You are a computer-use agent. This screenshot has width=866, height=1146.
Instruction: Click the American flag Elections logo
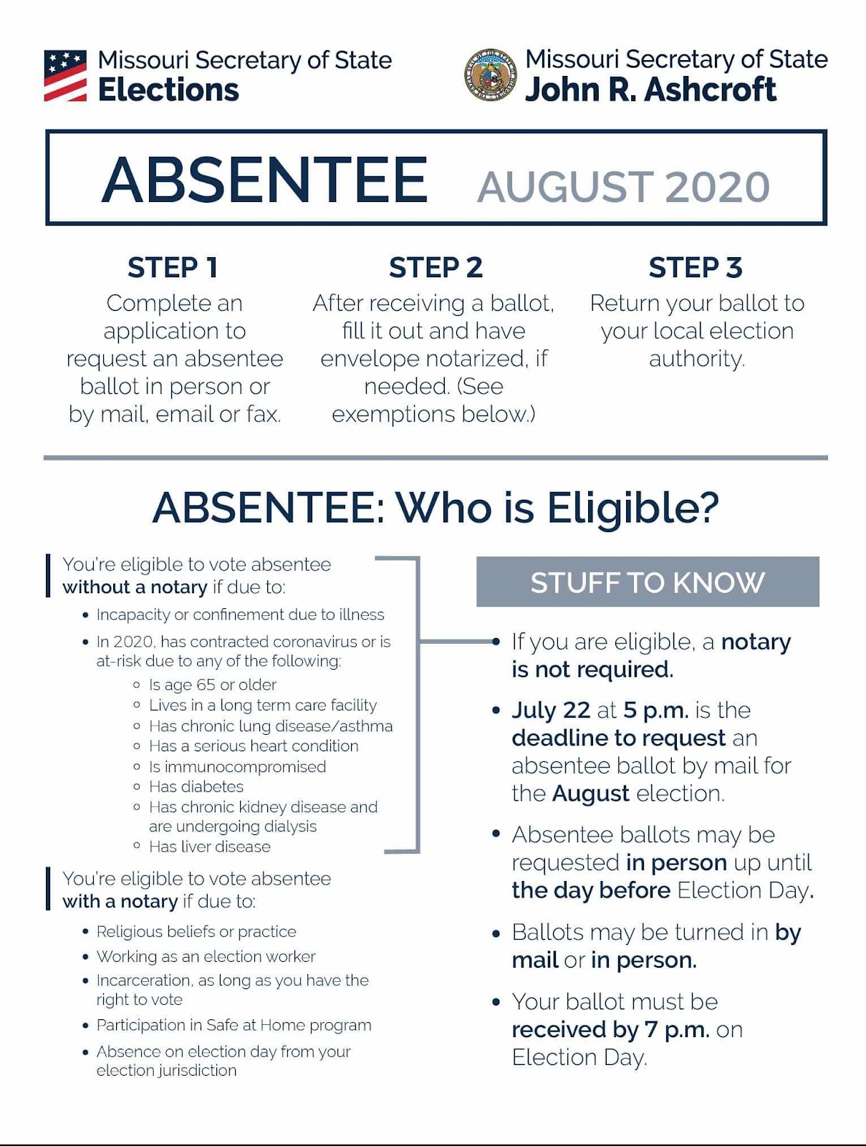(65, 75)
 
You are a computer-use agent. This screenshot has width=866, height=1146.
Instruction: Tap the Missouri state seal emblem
(491, 74)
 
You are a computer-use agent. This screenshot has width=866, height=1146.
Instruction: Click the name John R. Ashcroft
(650, 90)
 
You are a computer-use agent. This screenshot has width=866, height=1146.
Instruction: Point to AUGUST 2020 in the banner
(623, 187)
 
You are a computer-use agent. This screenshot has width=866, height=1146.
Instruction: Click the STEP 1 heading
(173, 267)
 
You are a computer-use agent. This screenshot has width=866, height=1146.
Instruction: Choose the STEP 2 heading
(436, 267)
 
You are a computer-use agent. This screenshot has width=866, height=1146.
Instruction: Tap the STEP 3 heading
(696, 267)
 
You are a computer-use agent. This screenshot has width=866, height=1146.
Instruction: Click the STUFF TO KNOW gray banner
(648, 582)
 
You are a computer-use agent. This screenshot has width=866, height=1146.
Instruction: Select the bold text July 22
(551, 710)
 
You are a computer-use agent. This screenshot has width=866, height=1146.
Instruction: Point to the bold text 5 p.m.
(655, 710)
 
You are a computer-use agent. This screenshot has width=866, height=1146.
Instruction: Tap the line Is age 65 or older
(212, 685)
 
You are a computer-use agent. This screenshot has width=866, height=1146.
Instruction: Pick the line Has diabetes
(196, 786)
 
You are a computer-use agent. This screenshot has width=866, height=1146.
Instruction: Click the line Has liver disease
(209, 847)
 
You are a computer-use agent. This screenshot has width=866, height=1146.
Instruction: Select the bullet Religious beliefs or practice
(196, 931)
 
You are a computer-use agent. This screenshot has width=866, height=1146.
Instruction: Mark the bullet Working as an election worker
(206, 956)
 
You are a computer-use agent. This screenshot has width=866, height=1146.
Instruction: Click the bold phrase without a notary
(135, 587)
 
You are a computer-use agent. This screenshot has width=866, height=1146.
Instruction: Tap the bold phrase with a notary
(120, 901)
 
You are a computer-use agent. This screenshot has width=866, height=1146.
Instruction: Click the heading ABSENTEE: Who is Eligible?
(436, 508)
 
